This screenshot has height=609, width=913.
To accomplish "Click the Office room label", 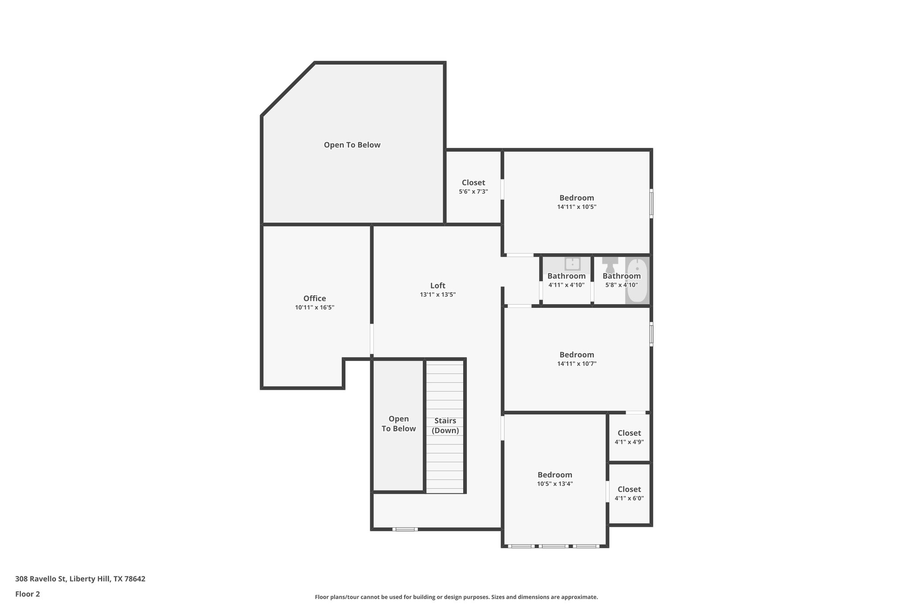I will click(314, 298).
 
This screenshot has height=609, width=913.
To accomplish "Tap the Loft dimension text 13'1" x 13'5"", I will click(437, 295).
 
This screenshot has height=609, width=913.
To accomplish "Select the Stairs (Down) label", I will click(445, 426).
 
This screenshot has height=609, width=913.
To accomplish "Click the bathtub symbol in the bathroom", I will click(637, 280).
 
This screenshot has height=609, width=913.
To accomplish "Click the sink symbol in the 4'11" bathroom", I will click(572, 264).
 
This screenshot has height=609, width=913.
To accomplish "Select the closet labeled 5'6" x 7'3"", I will click(473, 186).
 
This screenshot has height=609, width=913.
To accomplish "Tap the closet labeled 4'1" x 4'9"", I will click(629, 437).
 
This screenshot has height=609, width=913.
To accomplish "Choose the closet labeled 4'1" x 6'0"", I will click(629, 493).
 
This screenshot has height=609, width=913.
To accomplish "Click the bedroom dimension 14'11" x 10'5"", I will click(576, 207).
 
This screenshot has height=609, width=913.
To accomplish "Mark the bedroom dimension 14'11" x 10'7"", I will click(576, 364).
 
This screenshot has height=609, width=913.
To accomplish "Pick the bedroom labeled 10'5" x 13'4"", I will click(555, 479).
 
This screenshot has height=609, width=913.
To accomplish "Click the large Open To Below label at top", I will click(352, 145).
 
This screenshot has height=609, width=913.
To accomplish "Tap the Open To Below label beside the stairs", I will click(398, 424).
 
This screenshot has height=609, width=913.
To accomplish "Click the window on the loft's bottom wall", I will click(405, 529).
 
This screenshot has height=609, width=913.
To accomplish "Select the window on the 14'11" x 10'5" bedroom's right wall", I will click(651, 204).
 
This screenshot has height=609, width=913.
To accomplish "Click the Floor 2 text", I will click(28, 594).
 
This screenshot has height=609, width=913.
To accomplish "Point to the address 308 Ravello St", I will click(80, 579).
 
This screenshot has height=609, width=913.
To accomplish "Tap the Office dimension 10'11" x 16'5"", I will click(314, 308).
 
